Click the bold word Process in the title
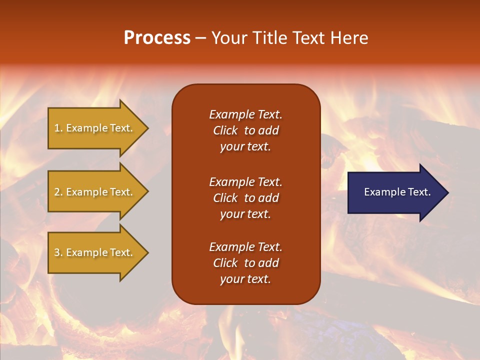157,38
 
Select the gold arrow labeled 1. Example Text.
95,128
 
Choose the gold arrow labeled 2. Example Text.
95,192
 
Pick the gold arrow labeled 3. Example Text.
95,252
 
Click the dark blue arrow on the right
395,192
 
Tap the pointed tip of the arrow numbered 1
147,128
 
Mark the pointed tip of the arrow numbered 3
147,252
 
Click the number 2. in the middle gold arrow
58,192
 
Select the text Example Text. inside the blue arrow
397,192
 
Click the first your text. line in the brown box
245,147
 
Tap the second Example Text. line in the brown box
245,182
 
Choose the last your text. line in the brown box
245,279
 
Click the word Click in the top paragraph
225,131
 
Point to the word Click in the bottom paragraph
225,263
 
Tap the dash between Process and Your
200,38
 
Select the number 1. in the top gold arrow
58,128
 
